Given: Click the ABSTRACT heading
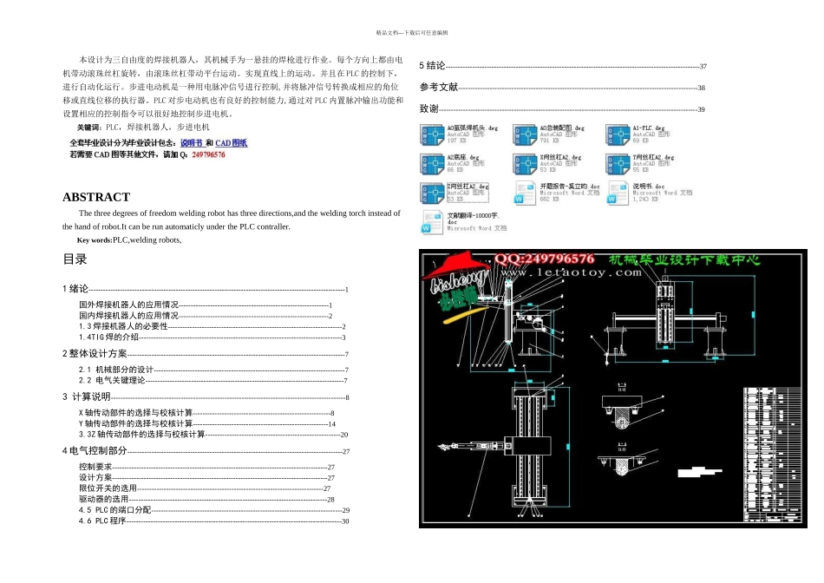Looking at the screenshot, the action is (96, 197).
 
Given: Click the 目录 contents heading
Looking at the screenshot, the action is (75, 259).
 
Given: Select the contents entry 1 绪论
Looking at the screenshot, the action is (76, 289).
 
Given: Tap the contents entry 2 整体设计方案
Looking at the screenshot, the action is (95, 354).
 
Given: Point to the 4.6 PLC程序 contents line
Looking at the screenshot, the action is (102, 521).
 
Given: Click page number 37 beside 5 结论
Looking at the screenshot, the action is (703, 67).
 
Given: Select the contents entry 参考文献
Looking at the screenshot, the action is (439, 88).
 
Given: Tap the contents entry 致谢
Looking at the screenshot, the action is (429, 109).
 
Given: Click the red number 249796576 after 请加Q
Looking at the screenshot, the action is (208, 154).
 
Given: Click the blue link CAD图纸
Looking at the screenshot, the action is (231, 142).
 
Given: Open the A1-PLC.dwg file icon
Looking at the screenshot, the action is (618, 135).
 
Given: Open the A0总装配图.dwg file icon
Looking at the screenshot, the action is (525, 135).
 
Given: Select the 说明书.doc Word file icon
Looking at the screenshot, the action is (618, 193).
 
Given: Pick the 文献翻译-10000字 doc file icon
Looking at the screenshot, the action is (432, 222).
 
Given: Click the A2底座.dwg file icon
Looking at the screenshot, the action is (432, 164).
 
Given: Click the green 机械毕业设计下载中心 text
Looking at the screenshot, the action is (684, 259).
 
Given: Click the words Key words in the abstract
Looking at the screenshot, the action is (94, 240).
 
